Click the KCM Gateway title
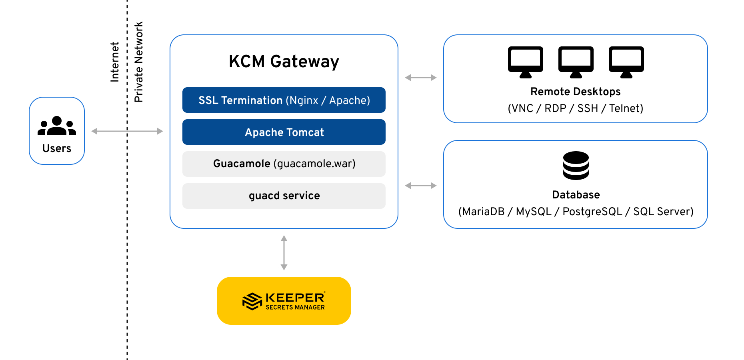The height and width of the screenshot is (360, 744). [x=284, y=62]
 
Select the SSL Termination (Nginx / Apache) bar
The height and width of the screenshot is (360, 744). [x=284, y=100]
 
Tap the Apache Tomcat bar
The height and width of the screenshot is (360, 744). [x=284, y=132]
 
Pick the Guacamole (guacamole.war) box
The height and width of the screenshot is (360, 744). [x=284, y=164]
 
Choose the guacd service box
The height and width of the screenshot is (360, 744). [x=284, y=196]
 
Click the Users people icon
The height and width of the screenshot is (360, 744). [x=57, y=126]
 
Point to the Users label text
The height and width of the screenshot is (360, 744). [x=57, y=148]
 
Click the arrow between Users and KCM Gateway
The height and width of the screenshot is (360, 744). [x=127, y=131]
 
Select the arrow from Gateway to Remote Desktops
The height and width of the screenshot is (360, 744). [x=420, y=78]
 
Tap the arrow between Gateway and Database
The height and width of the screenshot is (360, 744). [x=420, y=186]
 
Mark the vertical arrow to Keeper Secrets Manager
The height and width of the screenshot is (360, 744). [x=284, y=253]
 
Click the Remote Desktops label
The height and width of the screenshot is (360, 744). [x=575, y=92]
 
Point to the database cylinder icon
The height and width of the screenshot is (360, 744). [x=576, y=165]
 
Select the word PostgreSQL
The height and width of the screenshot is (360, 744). [x=592, y=212]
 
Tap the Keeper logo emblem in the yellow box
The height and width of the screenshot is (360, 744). [x=252, y=301]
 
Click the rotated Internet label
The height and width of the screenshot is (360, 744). [x=115, y=62]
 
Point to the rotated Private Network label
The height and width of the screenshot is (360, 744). [x=138, y=62]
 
